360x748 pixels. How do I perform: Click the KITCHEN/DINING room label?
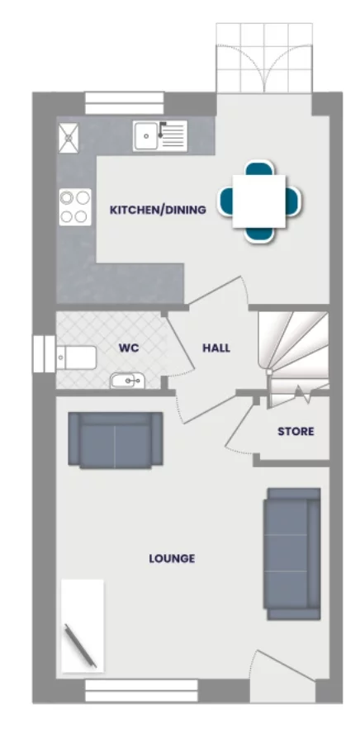[x=158, y=211]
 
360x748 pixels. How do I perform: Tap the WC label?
[x=128, y=348]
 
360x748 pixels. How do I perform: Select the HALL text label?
[x=216, y=348]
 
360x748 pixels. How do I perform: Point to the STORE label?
[x=296, y=431]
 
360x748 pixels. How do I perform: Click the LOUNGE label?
[x=172, y=559]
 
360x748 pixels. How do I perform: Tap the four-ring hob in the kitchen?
[x=74, y=206]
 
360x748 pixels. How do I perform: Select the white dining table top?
[x=258, y=201]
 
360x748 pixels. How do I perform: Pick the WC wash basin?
[x=126, y=381]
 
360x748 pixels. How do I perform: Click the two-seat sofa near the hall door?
[x=115, y=440]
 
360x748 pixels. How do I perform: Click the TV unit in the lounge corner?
[x=83, y=625]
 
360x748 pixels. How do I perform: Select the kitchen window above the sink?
[x=125, y=102]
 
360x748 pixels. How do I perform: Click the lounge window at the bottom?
[x=141, y=690]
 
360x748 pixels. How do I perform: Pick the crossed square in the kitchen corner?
[x=68, y=137]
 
